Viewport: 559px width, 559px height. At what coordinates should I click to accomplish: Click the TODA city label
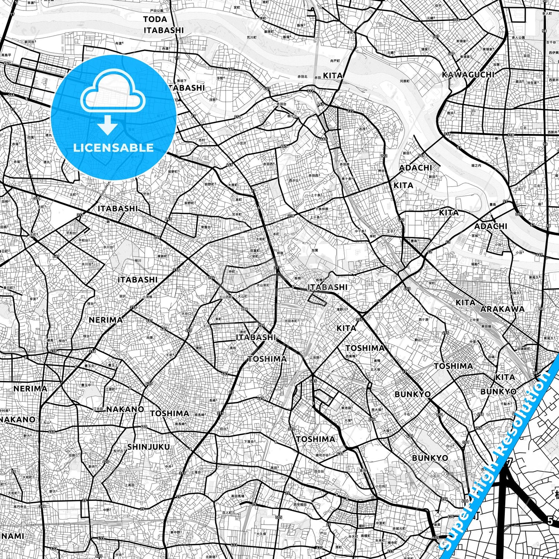(x=155, y=19)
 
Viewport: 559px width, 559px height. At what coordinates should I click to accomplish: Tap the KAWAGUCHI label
(x=468, y=75)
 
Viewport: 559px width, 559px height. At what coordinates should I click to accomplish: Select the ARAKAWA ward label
(x=502, y=309)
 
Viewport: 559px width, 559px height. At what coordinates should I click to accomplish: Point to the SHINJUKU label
(x=149, y=447)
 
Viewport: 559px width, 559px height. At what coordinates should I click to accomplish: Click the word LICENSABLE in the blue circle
(x=113, y=147)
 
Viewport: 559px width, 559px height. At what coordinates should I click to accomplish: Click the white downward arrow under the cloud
(x=108, y=125)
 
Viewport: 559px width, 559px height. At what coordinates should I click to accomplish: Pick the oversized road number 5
(x=550, y=521)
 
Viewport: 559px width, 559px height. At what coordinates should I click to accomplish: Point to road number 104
(x=456, y=20)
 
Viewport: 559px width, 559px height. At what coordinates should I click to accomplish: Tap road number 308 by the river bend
(x=518, y=214)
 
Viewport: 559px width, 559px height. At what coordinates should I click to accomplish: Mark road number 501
(x=532, y=171)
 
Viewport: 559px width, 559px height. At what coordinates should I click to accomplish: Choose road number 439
(x=53, y=351)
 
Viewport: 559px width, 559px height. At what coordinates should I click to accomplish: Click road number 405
(x=436, y=537)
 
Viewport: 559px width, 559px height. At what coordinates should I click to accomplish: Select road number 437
(x=340, y=454)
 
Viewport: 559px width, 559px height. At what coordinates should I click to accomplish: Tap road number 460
(x=323, y=139)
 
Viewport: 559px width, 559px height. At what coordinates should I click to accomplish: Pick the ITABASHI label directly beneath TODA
(x=164, y=30)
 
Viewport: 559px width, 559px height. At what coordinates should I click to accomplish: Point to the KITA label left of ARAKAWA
(x=465, y=303)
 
